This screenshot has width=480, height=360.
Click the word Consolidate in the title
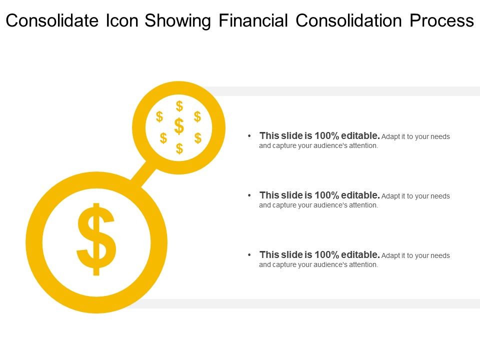pyautogui.click(x=49, y=20)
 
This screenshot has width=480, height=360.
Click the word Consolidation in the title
pyautogui.click(x=349, y=20)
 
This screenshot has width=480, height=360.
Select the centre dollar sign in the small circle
pyautogui.click(x=179, y=126)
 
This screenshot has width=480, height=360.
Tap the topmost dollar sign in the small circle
pyautogui.click(x=179, y=106)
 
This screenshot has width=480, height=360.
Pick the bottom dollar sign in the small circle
pyautogui.click(x=179, y=148)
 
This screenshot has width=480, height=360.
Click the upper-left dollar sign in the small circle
pyautogui.click(x=159, y=117)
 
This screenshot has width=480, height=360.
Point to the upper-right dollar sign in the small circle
pyautogui.click(x=197, y=117)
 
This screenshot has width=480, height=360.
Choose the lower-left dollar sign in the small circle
pyautogui.click(x=163, y=138)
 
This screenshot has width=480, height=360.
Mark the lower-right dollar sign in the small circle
pyautogui.click(x=198, y=138)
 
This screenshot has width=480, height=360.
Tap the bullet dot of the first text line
pyautogui.click(x=249, y=136)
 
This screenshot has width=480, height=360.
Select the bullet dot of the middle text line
pyautogui.click(x=249, y=195)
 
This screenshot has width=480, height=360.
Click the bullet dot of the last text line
pyautogui.click(x=249, y=255)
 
